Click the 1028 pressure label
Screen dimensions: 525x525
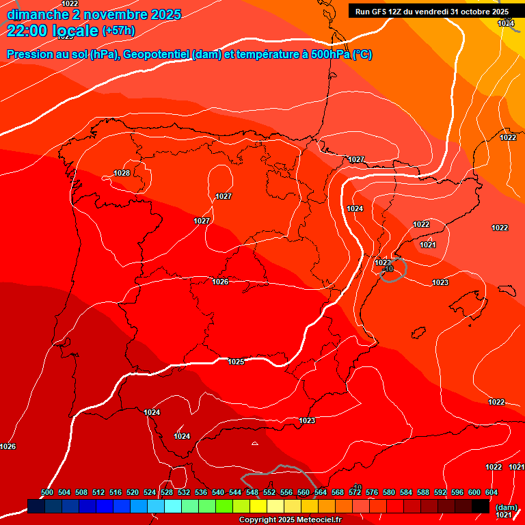(122, 173)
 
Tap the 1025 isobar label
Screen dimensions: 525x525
(236, 362)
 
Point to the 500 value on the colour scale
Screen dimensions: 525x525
(47, 492)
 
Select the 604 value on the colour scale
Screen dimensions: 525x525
(492, 492)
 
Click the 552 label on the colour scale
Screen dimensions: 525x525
(269, 492)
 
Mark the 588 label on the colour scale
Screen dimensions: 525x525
(423, 492)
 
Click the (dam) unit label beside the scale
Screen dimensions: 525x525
(506, 507)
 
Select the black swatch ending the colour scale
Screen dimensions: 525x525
(481, 505)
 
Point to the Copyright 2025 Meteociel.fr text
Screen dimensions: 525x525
(290, 520)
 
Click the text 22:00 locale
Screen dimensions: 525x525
(53, 30)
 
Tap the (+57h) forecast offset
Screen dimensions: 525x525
(118, 31)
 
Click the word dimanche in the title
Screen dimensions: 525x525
(33, 14)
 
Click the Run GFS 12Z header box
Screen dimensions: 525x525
(432, 12)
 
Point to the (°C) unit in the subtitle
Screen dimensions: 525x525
(362, 55)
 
